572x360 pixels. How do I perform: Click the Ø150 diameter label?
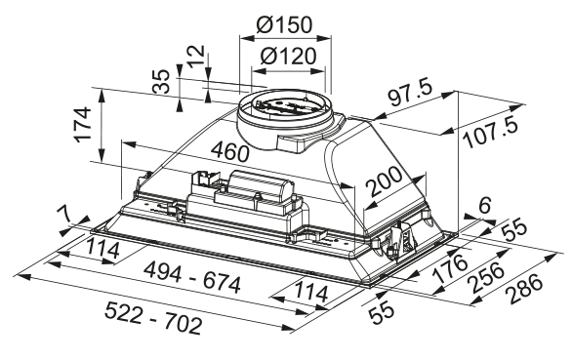pyautogui.click(x=285, y=24)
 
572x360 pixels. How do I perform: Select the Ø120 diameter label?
pyautogui.click(x=288, y=57)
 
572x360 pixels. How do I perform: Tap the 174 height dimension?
pyautogui.click(x=83, y=124)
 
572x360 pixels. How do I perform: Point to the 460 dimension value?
pyautogui.click(x=230, y=151)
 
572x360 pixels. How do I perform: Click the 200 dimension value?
pyautogui.click(x=384, y=181)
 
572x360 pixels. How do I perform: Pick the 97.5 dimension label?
pyautogui.click(x=410, y=93)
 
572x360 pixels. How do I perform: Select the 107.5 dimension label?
pyautogui.click(x=491, y=133)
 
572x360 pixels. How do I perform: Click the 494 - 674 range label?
pyautogui.click(x=192, y=278)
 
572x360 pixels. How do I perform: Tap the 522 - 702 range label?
pyautogui.click(x=153, y=318)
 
